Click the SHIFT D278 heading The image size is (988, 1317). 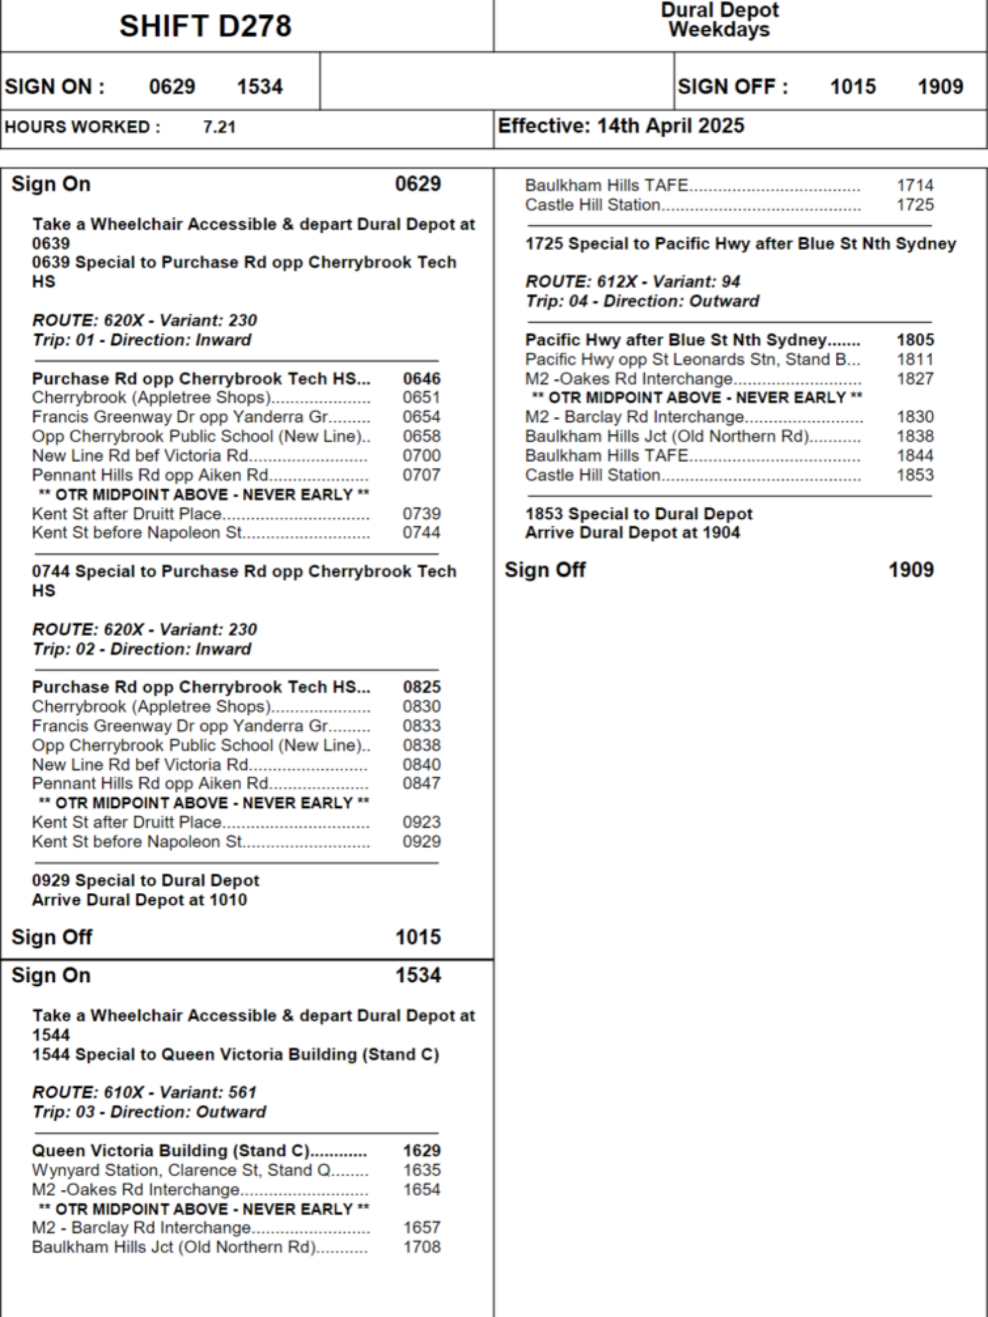(x=205, y=26)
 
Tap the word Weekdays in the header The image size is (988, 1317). (x=719, y=30)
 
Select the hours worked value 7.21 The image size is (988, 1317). (x=219, y=127)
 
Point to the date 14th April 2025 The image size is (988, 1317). (x=671, y=126)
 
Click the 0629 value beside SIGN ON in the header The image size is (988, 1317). (x=172, y=86)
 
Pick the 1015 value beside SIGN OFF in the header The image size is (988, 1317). (x=853, y=86)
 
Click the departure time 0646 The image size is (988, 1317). (x=422, y=379)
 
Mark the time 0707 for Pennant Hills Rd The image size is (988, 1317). (x=422, y=475)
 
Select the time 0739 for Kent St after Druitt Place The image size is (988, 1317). (x=422, y=514)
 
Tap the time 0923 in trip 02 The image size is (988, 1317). (x=422, y=822)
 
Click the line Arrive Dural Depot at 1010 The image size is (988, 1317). (x=140, y=900)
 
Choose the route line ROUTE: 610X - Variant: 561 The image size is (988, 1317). (x=144, y=1092)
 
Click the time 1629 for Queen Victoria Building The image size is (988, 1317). (x=422, y=1151)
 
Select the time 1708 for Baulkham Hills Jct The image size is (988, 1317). (x=422, y=1247)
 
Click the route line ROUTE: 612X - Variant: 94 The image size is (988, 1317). (x=632, y=282)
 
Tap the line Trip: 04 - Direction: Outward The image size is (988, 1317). (x=642, y=301)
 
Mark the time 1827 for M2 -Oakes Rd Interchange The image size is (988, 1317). (x=915, y=379)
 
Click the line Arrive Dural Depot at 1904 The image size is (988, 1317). (x=632, y=533)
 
